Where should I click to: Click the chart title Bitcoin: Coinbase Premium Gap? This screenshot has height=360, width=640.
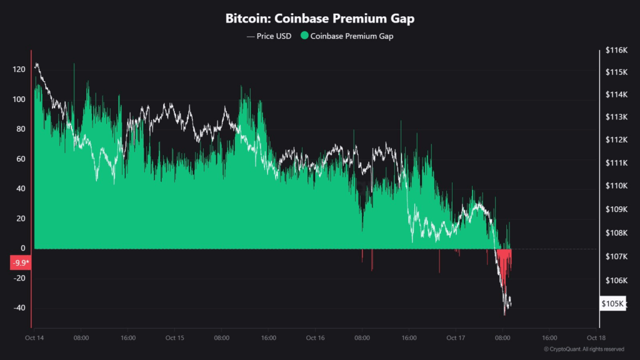pos(319,19)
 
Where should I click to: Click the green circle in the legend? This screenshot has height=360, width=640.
pos(304,36)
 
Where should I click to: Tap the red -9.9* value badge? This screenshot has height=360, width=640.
pos(20,262)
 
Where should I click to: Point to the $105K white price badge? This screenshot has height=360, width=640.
pos(612,304)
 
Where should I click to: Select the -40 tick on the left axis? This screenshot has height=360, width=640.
pos(18,308)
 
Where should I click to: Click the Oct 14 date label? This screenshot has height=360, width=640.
pos(34,337)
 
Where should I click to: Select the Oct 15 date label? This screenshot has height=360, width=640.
pos(175,337)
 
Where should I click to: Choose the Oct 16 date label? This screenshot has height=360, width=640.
pos(316,337)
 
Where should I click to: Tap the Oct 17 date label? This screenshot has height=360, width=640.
pos(456,337)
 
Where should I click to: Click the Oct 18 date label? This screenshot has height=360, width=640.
pos(597,337)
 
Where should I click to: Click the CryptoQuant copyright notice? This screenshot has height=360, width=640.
pos(584,349)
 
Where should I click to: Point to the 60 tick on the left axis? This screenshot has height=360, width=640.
pos(20,159)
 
